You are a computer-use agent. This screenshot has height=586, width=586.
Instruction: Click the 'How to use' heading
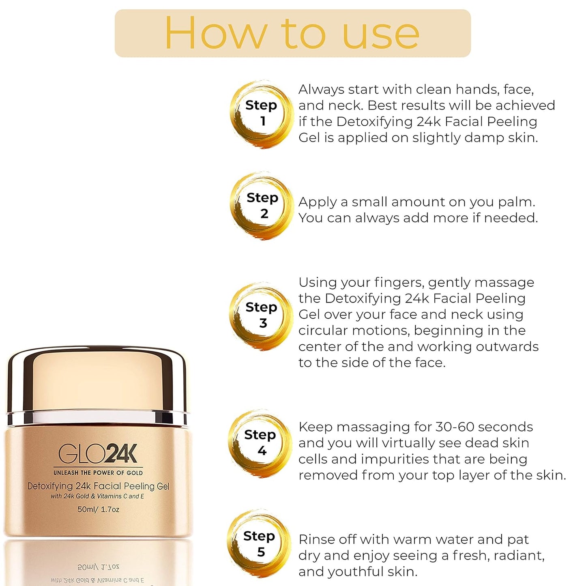click(292, 33)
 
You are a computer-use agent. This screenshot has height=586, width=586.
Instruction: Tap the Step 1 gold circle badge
click(262, 114)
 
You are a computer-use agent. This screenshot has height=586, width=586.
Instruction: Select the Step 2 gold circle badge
click(262, 206)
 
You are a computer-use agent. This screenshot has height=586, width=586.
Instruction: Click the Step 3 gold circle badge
click(261, 316)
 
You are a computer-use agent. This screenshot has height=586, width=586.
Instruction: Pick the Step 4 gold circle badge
click(260, 443)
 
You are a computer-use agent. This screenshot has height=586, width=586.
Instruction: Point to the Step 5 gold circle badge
click(260, 544)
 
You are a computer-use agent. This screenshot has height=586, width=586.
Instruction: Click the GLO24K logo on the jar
click(98, 454)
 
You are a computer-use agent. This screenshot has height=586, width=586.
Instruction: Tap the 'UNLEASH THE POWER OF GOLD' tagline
click(98, 473)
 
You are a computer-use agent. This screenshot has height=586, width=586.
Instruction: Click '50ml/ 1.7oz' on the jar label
click(98, 509)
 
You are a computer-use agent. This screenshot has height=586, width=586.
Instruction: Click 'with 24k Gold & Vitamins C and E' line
click(97, 496)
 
